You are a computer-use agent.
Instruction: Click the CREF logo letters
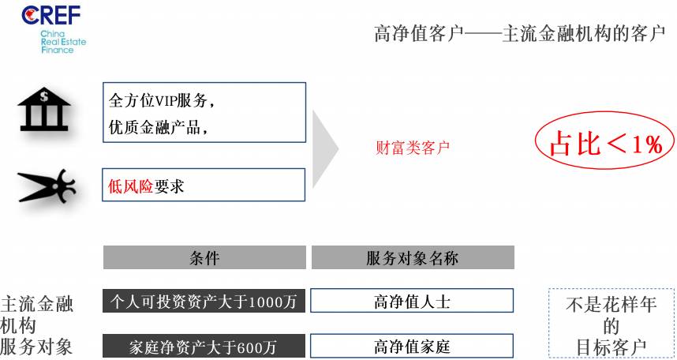[51, 15]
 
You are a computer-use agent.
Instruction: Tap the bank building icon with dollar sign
[44, 109]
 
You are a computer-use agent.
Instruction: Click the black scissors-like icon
[47, 186]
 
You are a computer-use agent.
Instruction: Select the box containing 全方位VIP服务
[204, 112]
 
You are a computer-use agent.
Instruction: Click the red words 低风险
[130, 186]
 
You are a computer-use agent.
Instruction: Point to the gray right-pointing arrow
[325, 149]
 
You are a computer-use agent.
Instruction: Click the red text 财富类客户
[413, 148]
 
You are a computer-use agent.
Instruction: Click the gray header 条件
[204, 257]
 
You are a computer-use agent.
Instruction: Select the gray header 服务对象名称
[413, 257]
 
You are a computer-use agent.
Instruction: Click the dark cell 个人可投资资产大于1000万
[204, 301]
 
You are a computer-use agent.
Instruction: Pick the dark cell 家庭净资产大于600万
[204, 346]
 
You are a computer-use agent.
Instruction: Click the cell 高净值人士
[412, 300]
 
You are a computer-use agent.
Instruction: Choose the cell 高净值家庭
[412, 346]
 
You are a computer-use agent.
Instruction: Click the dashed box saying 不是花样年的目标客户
[612, 323]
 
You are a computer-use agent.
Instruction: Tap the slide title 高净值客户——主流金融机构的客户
[520, 34]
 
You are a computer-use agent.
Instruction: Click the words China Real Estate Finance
[63, 42]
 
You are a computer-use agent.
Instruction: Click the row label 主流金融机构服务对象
[37, 325]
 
